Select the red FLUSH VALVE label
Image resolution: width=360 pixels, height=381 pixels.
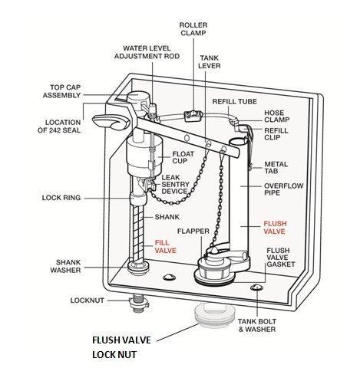tap(274, 227)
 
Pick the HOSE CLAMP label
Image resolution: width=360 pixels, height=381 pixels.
tap(279, 117)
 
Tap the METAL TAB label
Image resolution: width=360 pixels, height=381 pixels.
tap(276, 168)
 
